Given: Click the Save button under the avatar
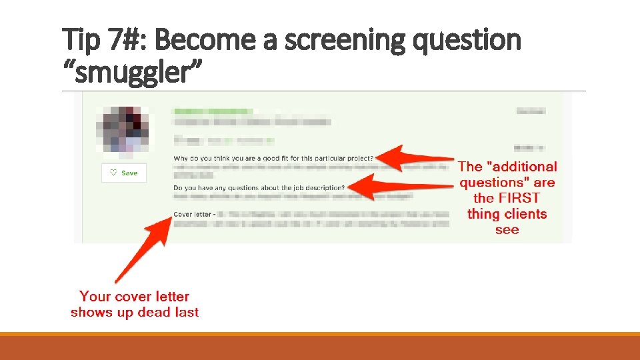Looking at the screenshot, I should (x=124, y=173).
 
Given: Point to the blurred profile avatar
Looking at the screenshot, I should (x=123, y=129).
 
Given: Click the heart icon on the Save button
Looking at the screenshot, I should (x=113, y=173).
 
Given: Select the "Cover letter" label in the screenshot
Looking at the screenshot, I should (x=192, y=215).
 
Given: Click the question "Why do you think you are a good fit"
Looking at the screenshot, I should (x=273, y=158).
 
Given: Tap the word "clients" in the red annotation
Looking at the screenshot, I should (x=525, y=214).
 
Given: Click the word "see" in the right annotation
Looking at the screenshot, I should (x=507, y=230).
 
